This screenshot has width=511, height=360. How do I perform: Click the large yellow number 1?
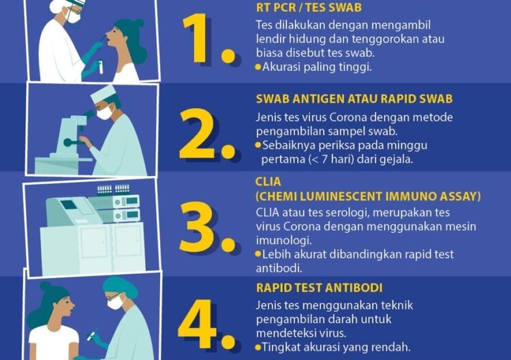pyautogui.click(x=196, y=38)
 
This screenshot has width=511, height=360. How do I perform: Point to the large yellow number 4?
pyautogui.click(x=197, y=322)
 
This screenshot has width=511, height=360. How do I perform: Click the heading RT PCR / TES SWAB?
pyautogui.click(x=309, y=7)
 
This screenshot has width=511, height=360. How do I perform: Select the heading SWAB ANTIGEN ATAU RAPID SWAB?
pyautogui.click(x=354, y=99)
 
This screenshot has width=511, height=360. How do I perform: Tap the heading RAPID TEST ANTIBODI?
pyautogui.click(x=320, y=288)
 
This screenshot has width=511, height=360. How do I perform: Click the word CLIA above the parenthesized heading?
pyautogui.click(x=268, y=181)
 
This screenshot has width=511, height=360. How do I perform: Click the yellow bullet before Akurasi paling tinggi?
pyautogui.click(x=258, y=67)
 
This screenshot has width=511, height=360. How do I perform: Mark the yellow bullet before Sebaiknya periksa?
pyautogui.click(x=258, y=145)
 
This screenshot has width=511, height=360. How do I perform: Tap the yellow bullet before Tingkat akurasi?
pyautogui.click(x=258, y=347)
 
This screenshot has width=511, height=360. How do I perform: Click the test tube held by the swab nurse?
pyautogui.click(x=101, y=67)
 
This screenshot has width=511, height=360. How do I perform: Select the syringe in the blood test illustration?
pyautogui.click(x=92, y=334)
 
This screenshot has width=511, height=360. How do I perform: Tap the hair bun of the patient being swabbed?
pyautogui.click(x=139, y=23)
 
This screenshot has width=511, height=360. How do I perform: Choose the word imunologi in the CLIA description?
pyautogui.click(x=283, y=241)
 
